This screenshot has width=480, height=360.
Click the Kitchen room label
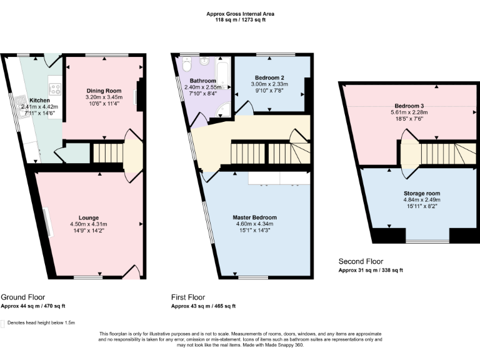(39, 100)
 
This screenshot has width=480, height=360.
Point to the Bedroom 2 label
(267, 78)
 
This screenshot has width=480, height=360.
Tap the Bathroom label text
(203, 81)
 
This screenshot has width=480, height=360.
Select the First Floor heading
(188, 297)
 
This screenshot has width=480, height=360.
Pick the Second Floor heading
(361, 261)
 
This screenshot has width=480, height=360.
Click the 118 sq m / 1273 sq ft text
(240, 19)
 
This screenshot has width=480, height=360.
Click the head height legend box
(4, 324)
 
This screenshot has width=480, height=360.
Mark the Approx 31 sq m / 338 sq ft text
(371, 270)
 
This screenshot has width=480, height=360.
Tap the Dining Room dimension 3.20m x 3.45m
(103, 97)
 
